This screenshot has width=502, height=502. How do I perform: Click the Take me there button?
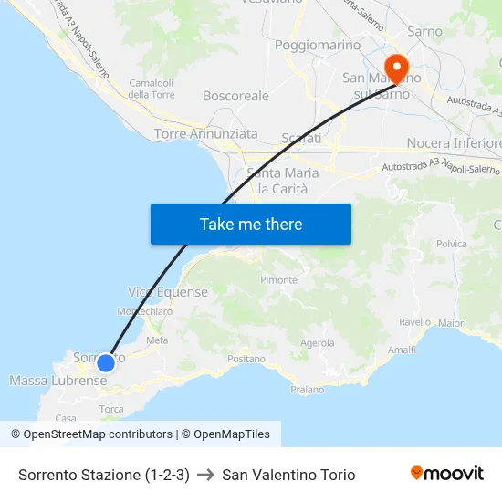(x=251, y=224)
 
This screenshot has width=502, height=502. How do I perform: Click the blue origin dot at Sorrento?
(x=106, y=362)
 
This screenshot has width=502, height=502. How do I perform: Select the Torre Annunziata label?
(x=206, y=134)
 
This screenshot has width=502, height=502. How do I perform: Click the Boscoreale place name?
(x=235, y=95)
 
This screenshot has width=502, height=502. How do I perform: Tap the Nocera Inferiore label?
(x=454, y=143)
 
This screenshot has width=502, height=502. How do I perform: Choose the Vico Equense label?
(x=168, y=292)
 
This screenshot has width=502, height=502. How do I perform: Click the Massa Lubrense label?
(x=58, y=380)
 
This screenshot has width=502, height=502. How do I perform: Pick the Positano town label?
(x=246, y=360)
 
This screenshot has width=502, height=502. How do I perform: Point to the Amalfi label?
(x=402, y=350)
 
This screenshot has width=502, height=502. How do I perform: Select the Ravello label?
(x=414, y=322)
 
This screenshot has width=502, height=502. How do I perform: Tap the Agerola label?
(x=318, y=343)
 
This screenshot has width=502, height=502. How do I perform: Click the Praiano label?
(x=307, y=390)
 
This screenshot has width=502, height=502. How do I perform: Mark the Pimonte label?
(x=278, y=280)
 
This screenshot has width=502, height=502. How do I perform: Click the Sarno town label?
(x=424, y=31)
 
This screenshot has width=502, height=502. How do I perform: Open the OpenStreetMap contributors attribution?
(x=98, y=434)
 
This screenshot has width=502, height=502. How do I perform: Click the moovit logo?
(x=446, y=473)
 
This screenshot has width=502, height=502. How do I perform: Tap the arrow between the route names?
(x=205, y=475)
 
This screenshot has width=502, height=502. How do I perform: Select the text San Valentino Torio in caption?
(x=288, y=475)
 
